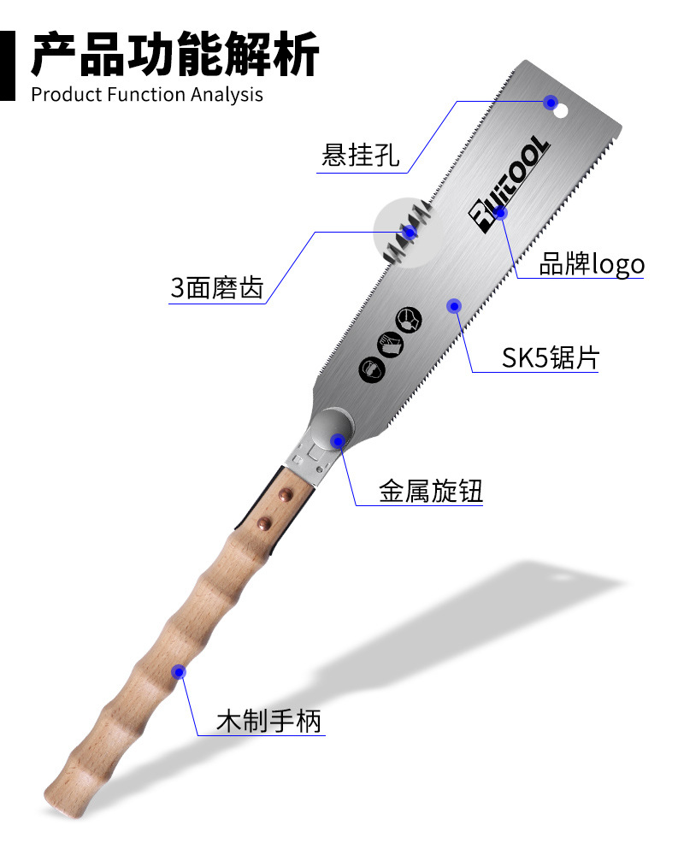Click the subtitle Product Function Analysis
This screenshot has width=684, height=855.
[x=147, y=94]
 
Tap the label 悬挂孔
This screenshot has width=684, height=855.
[x=360, y=156]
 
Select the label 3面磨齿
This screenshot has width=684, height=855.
[x=216, y=287]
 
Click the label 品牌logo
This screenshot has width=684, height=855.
[x=591, y=264]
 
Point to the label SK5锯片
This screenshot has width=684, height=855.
[x=550, y=357]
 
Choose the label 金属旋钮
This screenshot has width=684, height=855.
[x=431, y=492]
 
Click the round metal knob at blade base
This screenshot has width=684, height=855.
[x=333, y=429]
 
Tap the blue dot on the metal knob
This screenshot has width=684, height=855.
[x=338, y=441]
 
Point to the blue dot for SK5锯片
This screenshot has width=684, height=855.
[x=455, y=305]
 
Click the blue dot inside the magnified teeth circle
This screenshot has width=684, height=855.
[x=410, y=232]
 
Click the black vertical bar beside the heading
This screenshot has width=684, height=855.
[x=8, y=64]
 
